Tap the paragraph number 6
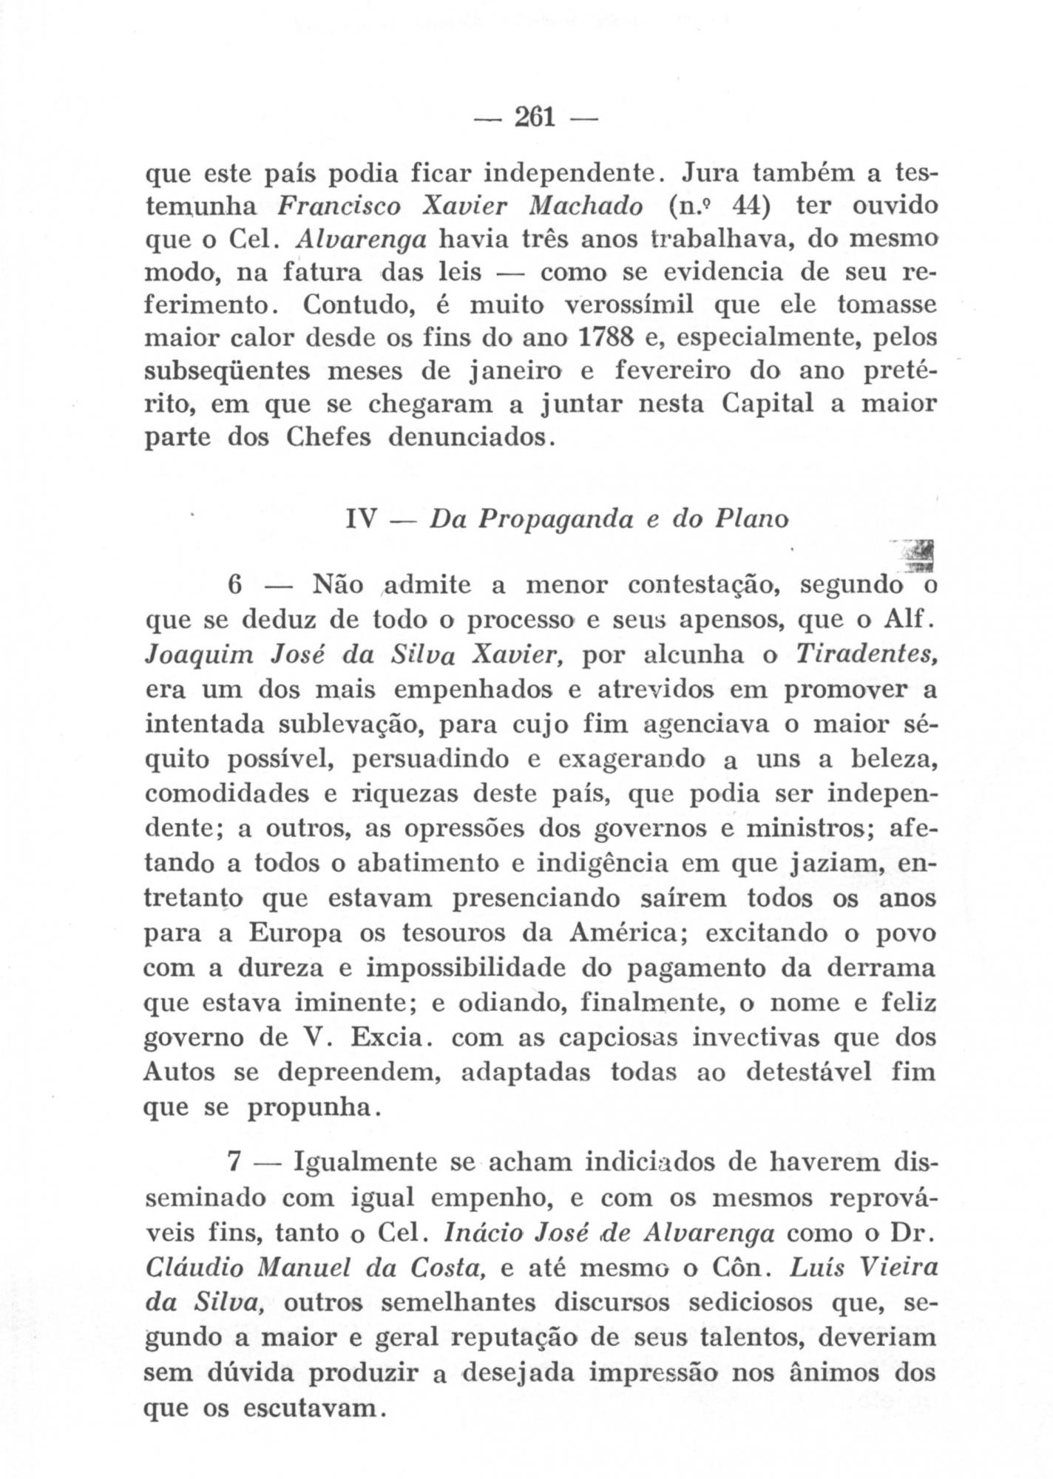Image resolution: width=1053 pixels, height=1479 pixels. click(x=235, y=585)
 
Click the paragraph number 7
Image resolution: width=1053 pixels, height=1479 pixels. click(x=234, y=1162)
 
